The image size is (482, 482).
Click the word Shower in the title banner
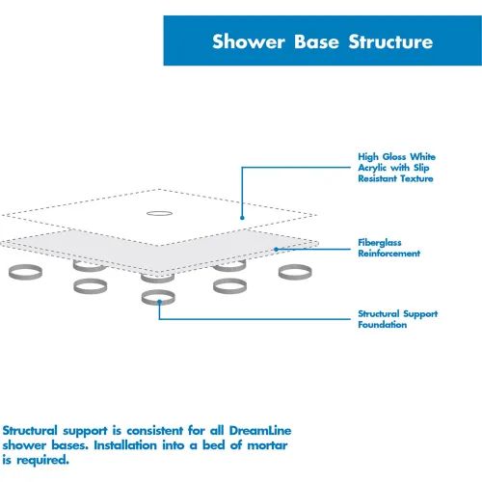pyautogui.click(x=249, y=41)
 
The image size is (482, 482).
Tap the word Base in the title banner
pyautogui.click(x=316, y=41)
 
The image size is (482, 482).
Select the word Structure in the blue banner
pyautogui.click(x=390, y=41)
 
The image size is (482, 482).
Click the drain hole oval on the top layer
pyautogui.click(x=159, y=213)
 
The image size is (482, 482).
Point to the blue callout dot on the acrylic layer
pyautogui.click(x=242, y=218)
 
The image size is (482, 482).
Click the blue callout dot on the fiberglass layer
pyautogui.click(x=276, y=249)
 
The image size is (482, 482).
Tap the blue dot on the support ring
pyautogui.click(x=159, y=302)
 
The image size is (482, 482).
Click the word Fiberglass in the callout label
pyautogui.click(x=380, y=242)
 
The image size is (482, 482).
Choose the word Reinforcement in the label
pyautogui.click(x=388, y=254)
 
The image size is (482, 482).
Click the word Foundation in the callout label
pyautogui.click(x=383, y=325)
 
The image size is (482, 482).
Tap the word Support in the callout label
pyautogui.click(x=420, y=314)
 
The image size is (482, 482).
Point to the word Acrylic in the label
pyautogui.click(x=372, y=168)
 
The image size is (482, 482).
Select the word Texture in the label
pyautogui.click(x=417, y=178)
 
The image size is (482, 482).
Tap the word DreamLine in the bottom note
pyautogui.click(x=260, y=430)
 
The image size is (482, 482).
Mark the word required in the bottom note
pyautogui.click(x=42, y=461)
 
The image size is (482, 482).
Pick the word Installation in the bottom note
pyautogui.click(x=125, y=445)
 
